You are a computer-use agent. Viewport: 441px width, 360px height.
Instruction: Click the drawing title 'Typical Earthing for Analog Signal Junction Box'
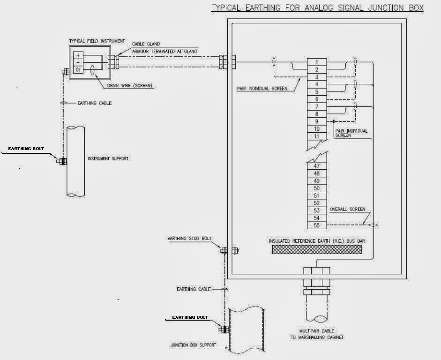pos(318,8)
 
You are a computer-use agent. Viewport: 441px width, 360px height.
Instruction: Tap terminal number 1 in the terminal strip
pos(317,62)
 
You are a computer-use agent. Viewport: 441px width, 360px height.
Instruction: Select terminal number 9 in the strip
pos(317,121)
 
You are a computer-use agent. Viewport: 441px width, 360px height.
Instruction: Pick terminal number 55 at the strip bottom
pos(317,225)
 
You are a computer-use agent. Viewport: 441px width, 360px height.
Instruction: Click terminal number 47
pos(317,166)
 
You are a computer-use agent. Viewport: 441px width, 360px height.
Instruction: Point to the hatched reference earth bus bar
pos(317,249)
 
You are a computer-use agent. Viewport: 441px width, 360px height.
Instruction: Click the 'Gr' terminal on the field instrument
pos(78,69)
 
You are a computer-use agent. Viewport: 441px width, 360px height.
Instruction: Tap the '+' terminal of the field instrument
pos(78,55)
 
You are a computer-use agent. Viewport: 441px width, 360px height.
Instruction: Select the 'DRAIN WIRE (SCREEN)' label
pos(130,85)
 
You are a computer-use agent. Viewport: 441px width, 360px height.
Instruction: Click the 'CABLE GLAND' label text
pos(146,44)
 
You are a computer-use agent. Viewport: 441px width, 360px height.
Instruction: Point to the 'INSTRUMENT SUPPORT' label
pos(108,158)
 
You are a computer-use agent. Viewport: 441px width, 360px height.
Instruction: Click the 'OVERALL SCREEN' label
pos(347,209)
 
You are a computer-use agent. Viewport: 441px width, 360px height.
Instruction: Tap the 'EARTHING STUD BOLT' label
pos(189,239)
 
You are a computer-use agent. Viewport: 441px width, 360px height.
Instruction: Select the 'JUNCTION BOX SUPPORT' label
pos(194,345)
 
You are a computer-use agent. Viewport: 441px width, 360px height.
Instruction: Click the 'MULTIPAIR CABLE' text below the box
pos(317,331)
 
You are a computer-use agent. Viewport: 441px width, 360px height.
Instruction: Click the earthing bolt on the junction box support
pos(224,330)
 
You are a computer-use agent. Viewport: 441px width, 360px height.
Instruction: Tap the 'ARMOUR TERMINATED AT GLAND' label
pos(164,52)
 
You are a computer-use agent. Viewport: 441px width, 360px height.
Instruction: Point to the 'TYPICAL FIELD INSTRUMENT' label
pos(97,41)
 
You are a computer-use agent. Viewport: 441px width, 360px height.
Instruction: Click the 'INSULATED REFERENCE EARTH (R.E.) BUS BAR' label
pos(317,241)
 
